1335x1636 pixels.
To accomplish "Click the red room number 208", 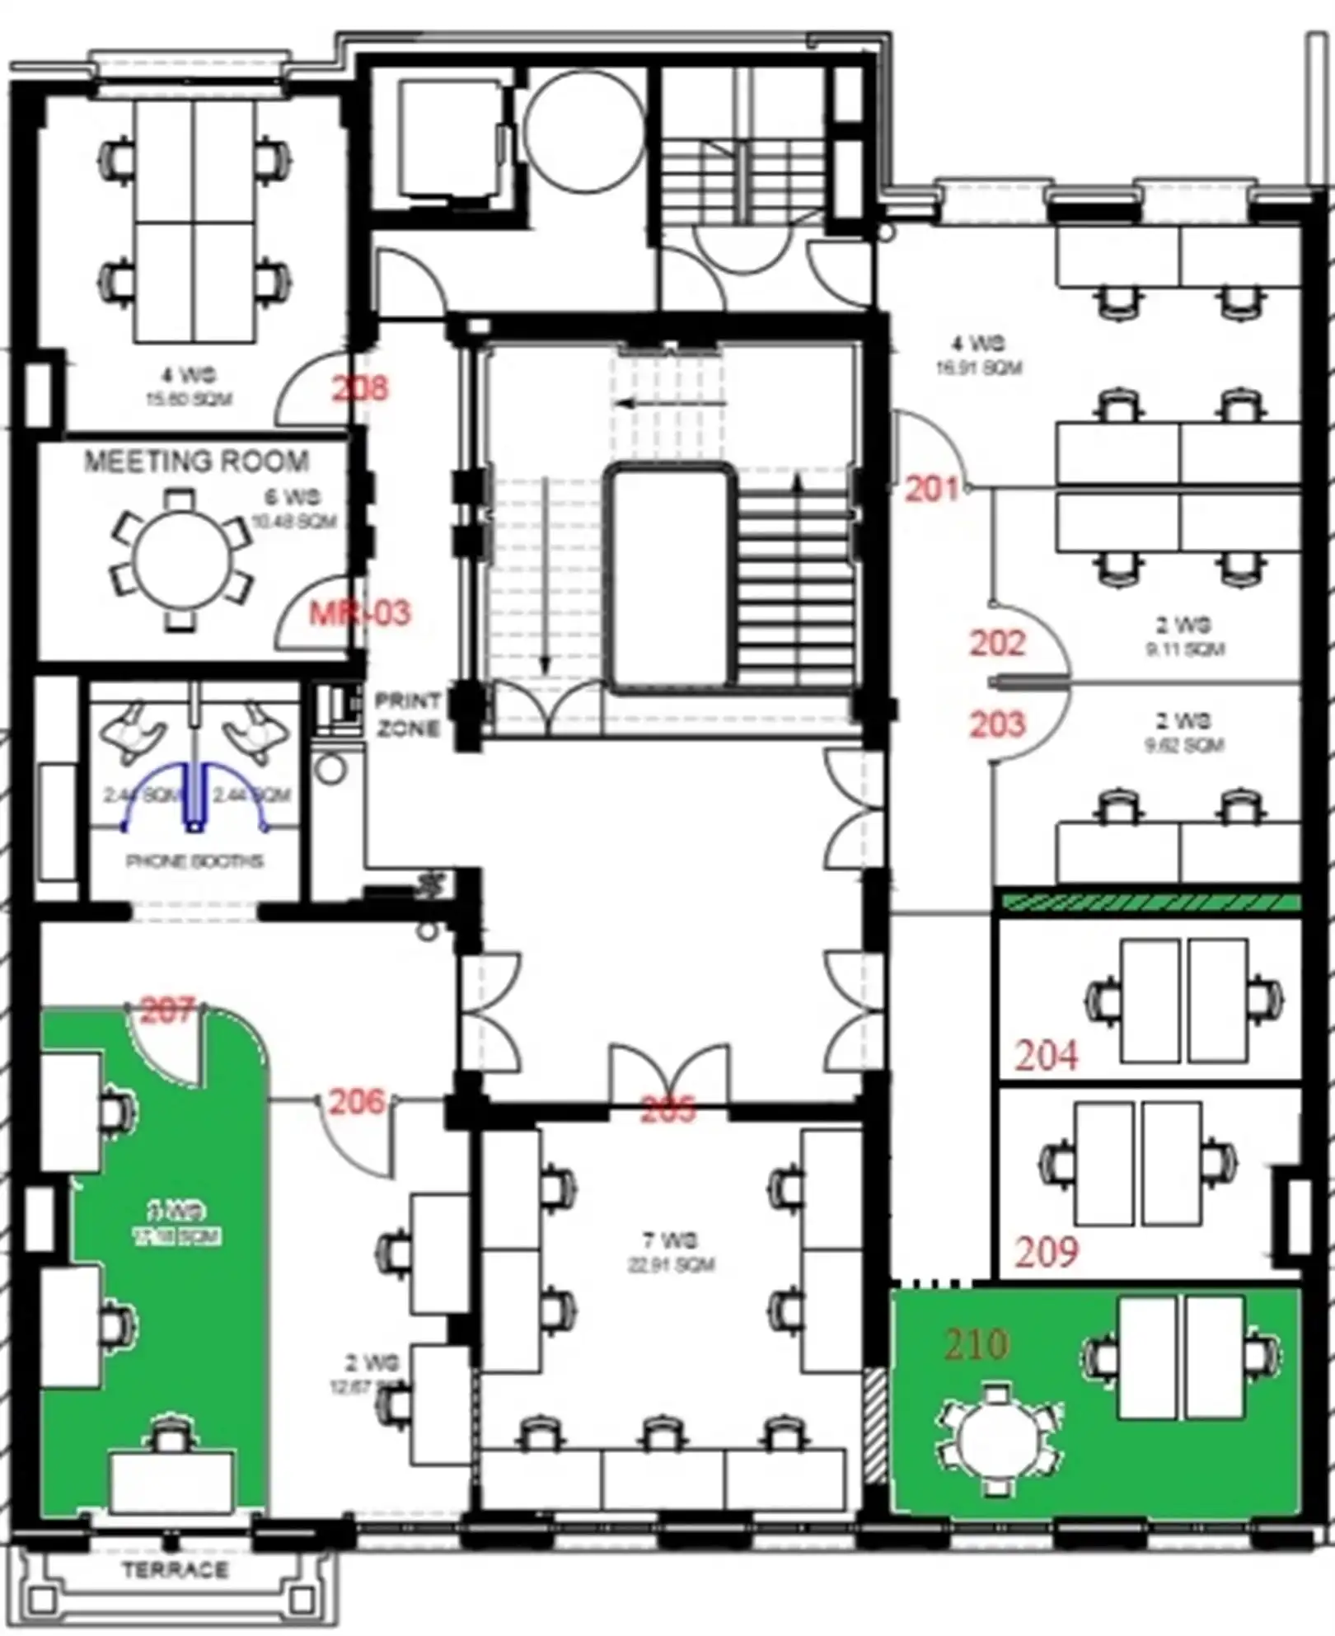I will coord(359,387).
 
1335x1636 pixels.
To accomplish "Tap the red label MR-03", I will coord(359,612).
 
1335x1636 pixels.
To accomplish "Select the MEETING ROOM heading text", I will coord(197,461).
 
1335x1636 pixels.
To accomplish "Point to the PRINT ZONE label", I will coord(408,715).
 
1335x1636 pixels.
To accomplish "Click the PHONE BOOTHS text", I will coord(194,861).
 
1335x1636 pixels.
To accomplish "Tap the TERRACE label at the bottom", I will coord(176,1569).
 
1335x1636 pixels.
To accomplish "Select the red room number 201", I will coord(932,489).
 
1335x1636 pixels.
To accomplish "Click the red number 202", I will coord(997,643).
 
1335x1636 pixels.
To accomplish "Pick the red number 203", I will coord(997,724).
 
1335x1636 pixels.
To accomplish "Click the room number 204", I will coord(1046,1055).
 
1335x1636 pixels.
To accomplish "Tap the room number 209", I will coord(1046,1252).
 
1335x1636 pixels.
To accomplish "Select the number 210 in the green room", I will coord(977,1344).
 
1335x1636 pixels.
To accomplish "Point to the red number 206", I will coord(356,1101).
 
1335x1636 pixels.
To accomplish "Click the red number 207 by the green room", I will coord(167,1010).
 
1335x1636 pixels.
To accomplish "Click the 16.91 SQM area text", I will coord(978,367).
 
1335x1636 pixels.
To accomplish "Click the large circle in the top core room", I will coord(584,130).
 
